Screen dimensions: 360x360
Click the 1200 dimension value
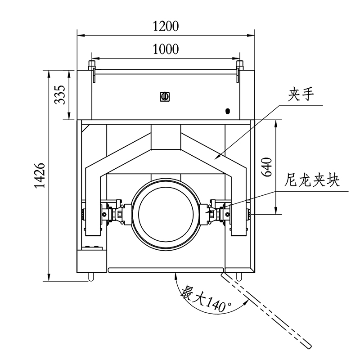[x=166, y=26]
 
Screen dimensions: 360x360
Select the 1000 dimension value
[x=166, y=49]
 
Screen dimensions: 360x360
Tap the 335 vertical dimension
[x=61, y=94]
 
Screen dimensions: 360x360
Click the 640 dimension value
[x=266, y=167]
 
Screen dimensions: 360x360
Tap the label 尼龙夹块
[x=312, y=181]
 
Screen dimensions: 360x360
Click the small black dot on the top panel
[x=228, y=111]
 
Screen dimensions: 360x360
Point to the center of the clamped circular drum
[x=165, y=211]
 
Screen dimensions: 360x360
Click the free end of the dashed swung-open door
[x=308, y=345]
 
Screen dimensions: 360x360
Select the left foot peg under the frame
[x=92, y=275]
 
